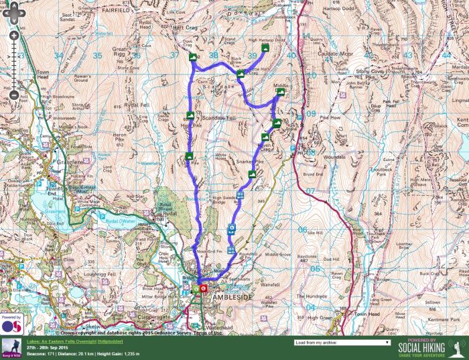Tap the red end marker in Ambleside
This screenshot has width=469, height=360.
click(203, 289)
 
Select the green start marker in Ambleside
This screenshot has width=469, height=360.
click(196, 289)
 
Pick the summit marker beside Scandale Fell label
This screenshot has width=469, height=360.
click(190, 115)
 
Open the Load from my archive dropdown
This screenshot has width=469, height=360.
click(342, 342)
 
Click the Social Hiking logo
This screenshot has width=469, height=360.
click(429, 347)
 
